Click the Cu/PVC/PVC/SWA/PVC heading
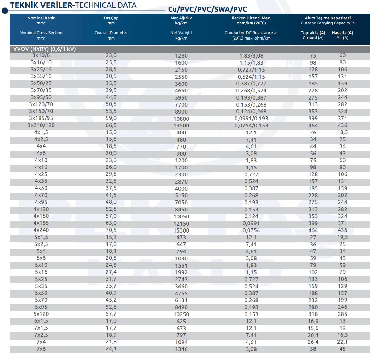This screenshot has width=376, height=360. [207, 9]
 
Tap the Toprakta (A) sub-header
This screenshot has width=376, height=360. [313, 33]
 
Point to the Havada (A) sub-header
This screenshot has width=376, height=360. [342, 33]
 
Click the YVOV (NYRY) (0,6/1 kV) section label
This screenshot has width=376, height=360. [45, 49]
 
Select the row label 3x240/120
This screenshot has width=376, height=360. [41, 125]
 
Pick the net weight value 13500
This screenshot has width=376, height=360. [181, 126]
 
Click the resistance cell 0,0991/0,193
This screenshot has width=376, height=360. [251, 119]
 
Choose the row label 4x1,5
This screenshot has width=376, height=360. [41, 132]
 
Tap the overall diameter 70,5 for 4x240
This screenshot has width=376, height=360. [111, 230]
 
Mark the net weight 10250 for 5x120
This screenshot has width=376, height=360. [181, 314]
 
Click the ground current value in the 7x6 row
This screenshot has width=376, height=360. [313, 349]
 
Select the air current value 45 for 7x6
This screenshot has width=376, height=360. [342, 349]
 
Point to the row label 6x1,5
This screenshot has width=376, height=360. [41, 321]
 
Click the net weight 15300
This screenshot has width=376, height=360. [181, 230]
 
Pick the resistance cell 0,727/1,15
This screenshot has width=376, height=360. [251, 70]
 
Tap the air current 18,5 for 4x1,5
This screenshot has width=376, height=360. [342, 132]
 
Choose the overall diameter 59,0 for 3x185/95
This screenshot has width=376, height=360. [111, 118]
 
